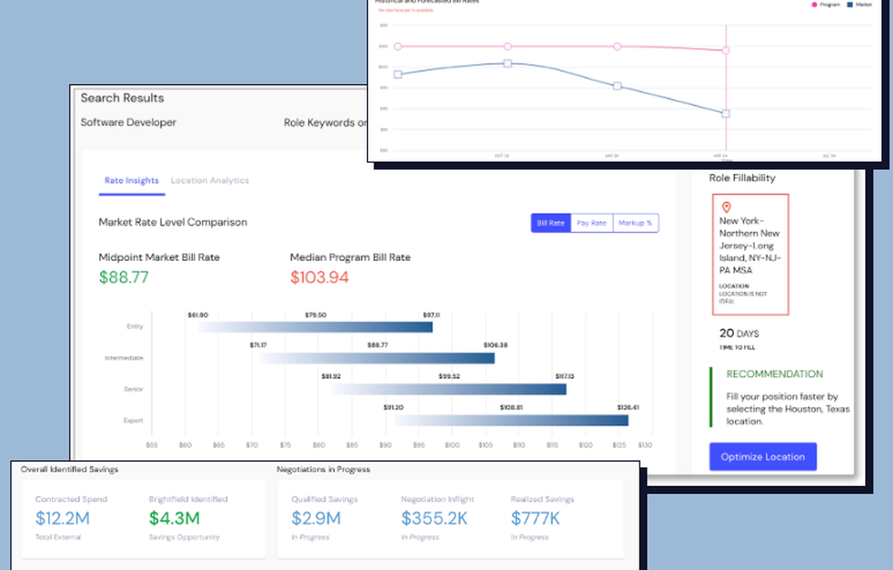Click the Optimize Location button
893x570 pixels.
point(763,457)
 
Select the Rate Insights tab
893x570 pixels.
point(131,180)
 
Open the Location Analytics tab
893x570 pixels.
point(210,180)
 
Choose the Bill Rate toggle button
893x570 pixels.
point(550,223)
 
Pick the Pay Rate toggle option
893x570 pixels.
point(591,223)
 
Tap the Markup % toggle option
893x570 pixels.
point(636,223)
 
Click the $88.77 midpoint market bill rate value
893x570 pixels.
point(123,277)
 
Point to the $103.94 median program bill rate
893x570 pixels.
point(319,277)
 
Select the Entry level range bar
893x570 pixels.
point(315,327)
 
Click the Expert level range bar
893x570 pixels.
point(511,420)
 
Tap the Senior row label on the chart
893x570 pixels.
point(133,390)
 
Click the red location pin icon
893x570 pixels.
point(726,207)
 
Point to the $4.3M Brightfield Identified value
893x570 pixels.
point(174,517)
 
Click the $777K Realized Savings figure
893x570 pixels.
point(536,517)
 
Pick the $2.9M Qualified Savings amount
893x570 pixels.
point(316,517)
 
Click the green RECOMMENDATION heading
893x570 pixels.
point(774,374)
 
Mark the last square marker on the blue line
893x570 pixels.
point(726,113)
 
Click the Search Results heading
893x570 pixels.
point(122,98)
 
